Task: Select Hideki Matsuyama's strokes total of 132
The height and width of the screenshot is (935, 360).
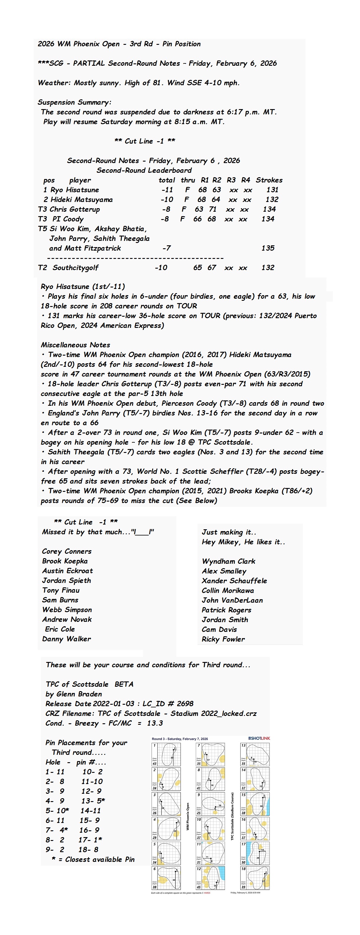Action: [x=272, y=200]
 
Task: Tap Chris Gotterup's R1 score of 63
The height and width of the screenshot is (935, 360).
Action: [x=199, y=209]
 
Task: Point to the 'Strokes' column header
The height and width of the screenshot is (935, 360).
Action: [x=269, y=180]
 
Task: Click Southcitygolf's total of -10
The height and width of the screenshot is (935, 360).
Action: [x=161, y=268]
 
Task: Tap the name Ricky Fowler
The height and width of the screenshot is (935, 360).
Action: [x=223, y=639]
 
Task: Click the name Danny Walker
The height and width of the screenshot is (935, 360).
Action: [x=66, y=639]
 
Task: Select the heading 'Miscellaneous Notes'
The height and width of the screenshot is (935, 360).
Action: [x=75, y=345]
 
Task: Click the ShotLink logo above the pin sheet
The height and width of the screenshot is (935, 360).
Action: [x=259, y=738]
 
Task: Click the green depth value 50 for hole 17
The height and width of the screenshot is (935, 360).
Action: [x=243, y=862]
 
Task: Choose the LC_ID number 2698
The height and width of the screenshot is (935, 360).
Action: [x=185, y=704]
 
